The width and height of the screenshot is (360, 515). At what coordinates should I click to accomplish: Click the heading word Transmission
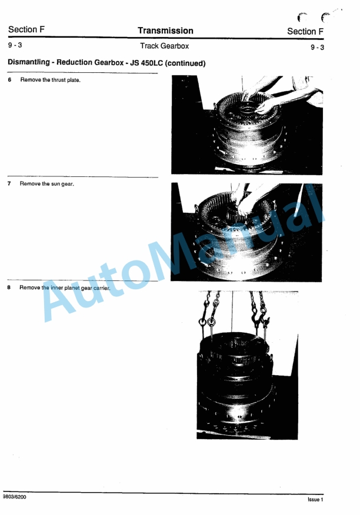(x=165, y=31)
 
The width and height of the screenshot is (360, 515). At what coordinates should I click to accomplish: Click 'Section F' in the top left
(x=26, y=30)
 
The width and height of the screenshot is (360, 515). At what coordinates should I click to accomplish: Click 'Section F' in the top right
(x=305, y=32)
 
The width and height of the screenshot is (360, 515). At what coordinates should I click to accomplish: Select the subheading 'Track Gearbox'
(x=164, y=46)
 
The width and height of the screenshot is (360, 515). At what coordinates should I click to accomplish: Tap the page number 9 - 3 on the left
(x=15, y=45)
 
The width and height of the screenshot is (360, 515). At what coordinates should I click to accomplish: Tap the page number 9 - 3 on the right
(x=316, y=47)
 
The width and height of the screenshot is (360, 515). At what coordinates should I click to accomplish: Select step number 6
(x=10, y=80)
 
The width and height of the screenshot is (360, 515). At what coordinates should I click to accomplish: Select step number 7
(x=10, y=184)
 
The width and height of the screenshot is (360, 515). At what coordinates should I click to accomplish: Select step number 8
(x=10, y=287)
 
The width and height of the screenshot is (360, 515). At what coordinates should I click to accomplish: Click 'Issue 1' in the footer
(x=315, y=500)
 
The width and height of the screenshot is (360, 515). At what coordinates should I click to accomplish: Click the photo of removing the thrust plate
(x=246, y=125)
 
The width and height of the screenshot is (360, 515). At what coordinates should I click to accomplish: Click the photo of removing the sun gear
(x=246, y=231)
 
